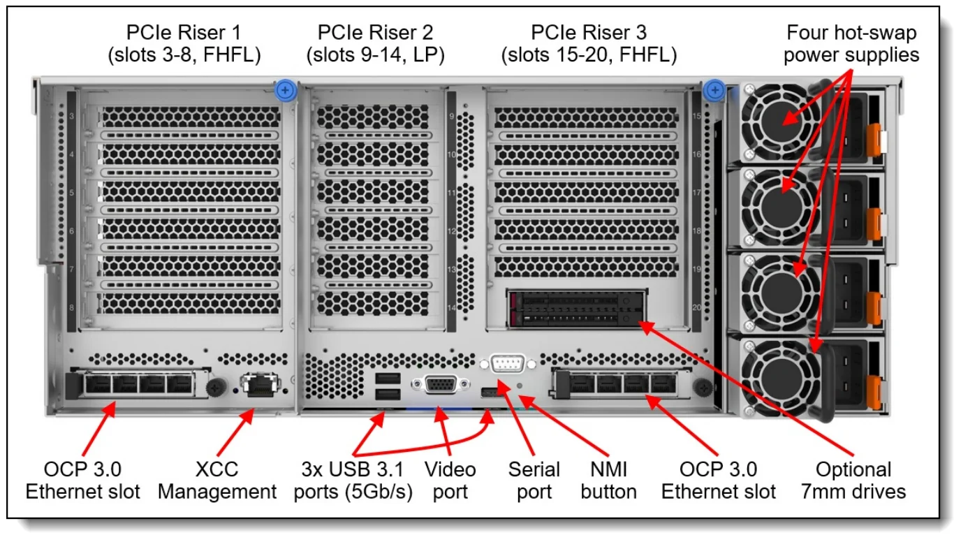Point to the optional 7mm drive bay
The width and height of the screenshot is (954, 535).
coord(574,309)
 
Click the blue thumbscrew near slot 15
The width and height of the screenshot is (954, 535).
coord(713,89)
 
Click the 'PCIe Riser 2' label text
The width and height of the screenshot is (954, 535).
coord(375,43)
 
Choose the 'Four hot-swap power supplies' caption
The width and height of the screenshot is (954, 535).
coord(851,43)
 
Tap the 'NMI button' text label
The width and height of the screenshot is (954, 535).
coord(608,481)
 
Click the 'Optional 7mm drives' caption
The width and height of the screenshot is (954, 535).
coord(853,481)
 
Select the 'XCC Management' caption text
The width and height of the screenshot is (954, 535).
coord(217,481)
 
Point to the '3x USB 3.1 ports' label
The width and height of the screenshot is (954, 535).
coord(353,481)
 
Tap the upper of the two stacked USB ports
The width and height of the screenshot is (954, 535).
coord(388,379)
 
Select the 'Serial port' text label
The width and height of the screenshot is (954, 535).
coord(534,481)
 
